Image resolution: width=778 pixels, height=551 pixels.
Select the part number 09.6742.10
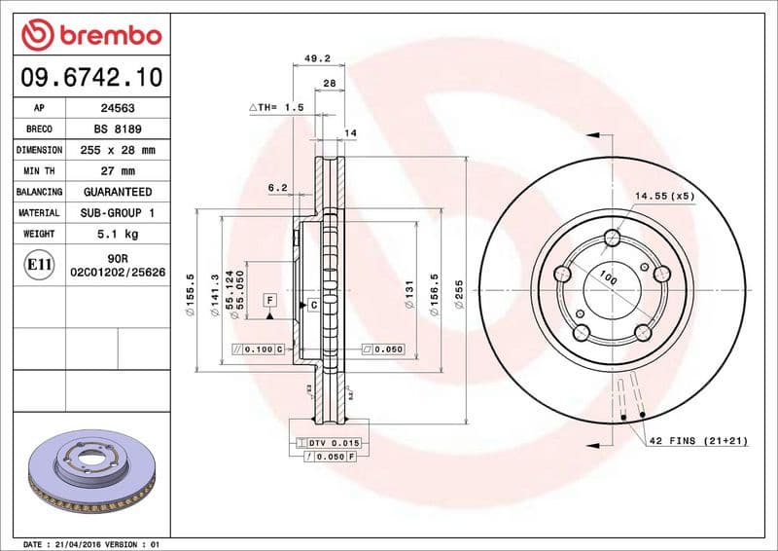point(88,76)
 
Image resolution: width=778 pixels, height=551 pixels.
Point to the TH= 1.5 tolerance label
point(276,107)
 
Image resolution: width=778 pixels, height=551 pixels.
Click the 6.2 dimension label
point(277,187)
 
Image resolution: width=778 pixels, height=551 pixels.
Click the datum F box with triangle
point(269,303)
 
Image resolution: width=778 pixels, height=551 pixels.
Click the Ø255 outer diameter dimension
point(458,293)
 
